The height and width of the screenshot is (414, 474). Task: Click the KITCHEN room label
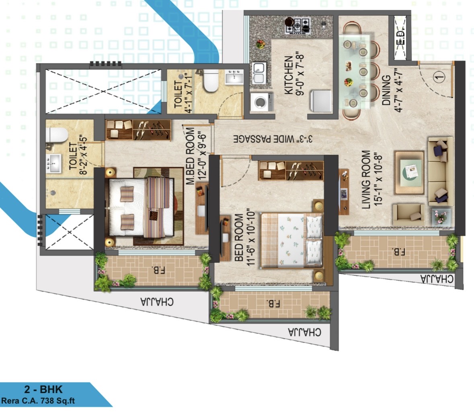[289, 75]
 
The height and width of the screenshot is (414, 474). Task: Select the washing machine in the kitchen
[262, 102]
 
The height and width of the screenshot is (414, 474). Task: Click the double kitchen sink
[259, 73]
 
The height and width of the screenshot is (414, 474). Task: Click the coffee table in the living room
[409, 173]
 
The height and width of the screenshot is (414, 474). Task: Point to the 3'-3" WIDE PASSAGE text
[273, 139]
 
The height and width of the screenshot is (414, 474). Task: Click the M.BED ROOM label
[190, 156]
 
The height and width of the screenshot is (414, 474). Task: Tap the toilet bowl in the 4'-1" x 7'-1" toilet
[210, 81]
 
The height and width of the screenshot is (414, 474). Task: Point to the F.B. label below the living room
[398, 251]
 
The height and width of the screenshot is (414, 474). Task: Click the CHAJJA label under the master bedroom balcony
[157, 302]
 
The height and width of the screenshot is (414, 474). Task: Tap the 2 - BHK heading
[43, 389]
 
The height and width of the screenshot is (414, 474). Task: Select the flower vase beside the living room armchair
[441, 217]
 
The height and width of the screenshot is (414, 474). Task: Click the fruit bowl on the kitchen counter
[260, 45]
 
